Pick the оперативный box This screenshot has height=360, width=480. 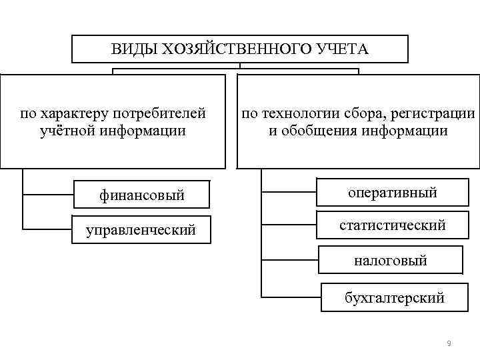coord(392,193)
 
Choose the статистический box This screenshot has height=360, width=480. coord(392,225)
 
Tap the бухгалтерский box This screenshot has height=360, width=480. coord(394,297)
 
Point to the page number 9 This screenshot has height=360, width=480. coord(449,343)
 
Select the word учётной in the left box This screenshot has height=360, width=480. coord(65,130)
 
